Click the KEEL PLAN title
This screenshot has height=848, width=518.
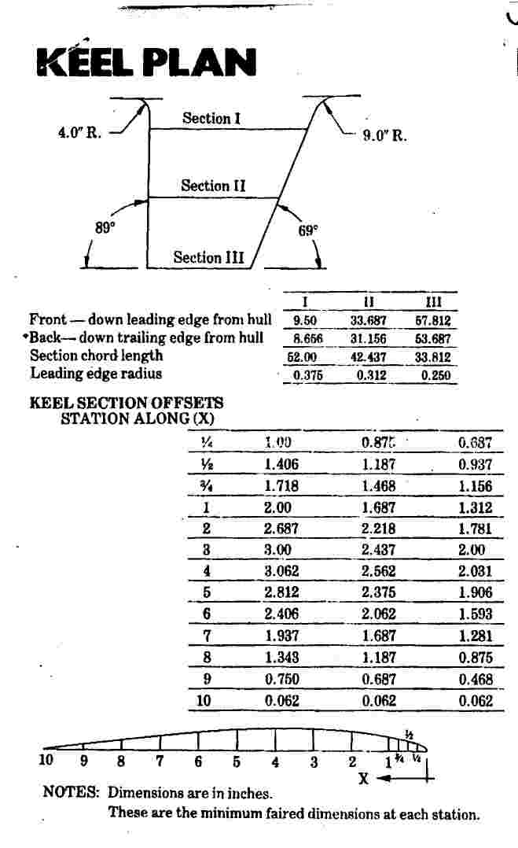[x=147, y=63]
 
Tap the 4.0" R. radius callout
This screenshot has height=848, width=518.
[x=80, y=132]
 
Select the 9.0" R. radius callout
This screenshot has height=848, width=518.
[x=384, y=135]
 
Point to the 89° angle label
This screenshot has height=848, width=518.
[x=105, y=228]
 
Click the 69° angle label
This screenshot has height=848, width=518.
[x=308, y=231]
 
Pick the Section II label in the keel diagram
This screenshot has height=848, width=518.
[x=213, y=186]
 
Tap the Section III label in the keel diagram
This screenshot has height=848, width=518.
[x=208, y=257]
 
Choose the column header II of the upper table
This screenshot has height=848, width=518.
[x=369, y=302]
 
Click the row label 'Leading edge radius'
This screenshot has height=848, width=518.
[x=96, y=374]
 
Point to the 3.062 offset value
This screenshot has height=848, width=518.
[x=281, y=571]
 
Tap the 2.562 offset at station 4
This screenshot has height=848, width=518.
[x=379, y=571]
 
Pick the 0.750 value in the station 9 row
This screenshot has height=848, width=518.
[x=281, y=679]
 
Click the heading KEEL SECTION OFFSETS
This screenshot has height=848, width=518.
[x=126, y=403]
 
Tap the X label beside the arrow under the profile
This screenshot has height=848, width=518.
[x=363, y=778]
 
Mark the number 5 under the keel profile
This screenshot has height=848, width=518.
[x=236, y=761]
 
